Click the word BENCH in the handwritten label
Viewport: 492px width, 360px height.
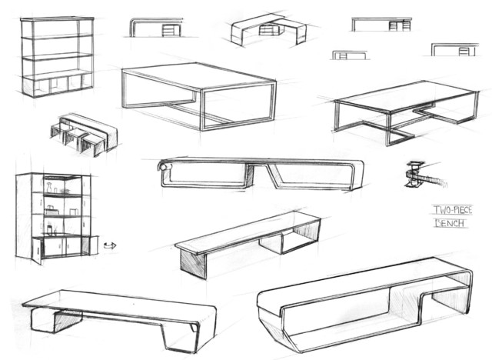tap(450, 223)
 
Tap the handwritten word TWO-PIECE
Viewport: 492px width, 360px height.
tap(453, 210)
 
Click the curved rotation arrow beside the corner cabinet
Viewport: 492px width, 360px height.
tap(110, 245)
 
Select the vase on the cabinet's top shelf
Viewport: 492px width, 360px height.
tap(49, 188)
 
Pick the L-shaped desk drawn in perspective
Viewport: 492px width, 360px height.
tap(268, 29)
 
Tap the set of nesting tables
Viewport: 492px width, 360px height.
tap(84, 135)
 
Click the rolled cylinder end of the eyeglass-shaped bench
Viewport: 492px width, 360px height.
tap(163, 165)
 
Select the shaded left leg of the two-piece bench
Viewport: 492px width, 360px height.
tap(193, 263)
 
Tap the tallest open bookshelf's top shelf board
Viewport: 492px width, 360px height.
tap(58, 19)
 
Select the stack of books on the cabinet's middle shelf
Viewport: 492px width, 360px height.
tap(51, 210)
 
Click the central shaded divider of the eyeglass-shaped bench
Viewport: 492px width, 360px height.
tap(250, 175)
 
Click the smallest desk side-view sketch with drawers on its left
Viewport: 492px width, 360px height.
tap(350, 55)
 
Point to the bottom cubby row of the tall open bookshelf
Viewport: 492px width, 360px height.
tap(58, 84)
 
